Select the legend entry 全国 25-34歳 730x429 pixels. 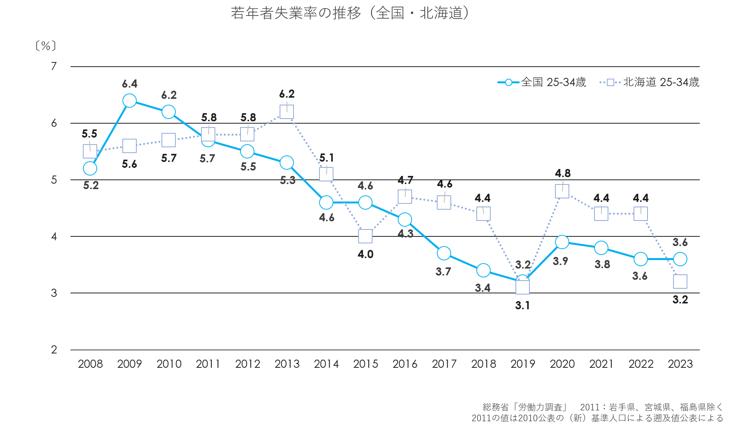click(x=542, y=82)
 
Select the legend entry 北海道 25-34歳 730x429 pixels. click(x=649, y=82)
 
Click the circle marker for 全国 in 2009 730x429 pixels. click(x=129, y=101)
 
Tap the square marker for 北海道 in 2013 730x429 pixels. click(x=287, y=112)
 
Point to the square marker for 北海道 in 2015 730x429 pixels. click(x=365, y=236)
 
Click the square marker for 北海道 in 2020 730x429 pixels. click(x=562, y=191)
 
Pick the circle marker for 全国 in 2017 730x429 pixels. click(x=444, y=253)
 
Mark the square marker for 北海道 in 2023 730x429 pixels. click(x=680, y=282)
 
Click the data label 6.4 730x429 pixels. click(x=129, y=84)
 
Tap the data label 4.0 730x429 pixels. click(x=365, y=255)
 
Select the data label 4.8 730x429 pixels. click(x=562, y=173)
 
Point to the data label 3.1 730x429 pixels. click(x=522, y=306)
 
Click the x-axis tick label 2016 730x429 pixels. click(x=405, y=364)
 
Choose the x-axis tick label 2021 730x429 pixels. click(x=601, y=364)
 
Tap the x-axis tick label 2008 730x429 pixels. click(x=90, y=364)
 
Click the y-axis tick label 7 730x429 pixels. click(x=54, y=66)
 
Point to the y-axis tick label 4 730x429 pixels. click(x=54, y=236)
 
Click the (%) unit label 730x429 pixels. click(x=46, y=46)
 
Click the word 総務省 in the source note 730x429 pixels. click(x=496, y=407)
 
